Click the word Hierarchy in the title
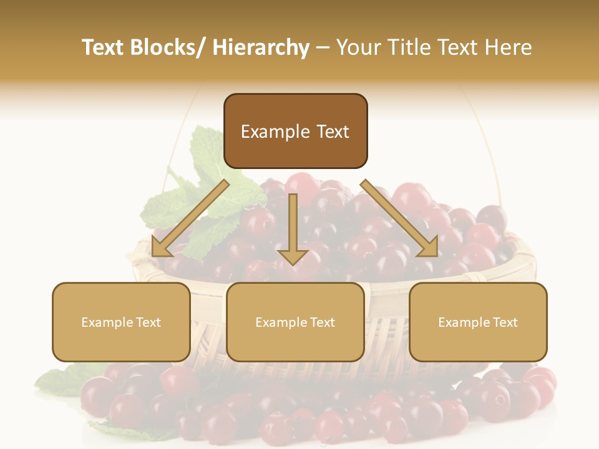pyautogui.click(x=261, y=47)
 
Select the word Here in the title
pyautogui.click(x=510, y=47)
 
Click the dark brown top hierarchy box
pyautogui.click(x=295, y=131)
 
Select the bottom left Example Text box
pyautogui.click(x=121, y=322)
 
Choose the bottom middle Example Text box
pyautogui.click(x=295, y=322)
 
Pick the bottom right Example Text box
pyautogui.click(x=478, y=322)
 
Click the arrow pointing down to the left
pyautogui.click(x=190, y=219)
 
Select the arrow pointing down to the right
pyautogui.click(x=400, y=219)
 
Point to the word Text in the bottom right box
pyautogui.click(x=505, y=322)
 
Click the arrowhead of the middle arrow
pyautogui.click(x=293, y=256)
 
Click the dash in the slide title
pyautogui.click(x=323, y=47)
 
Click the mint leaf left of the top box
pyautogui.click(x=206, y=150)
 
